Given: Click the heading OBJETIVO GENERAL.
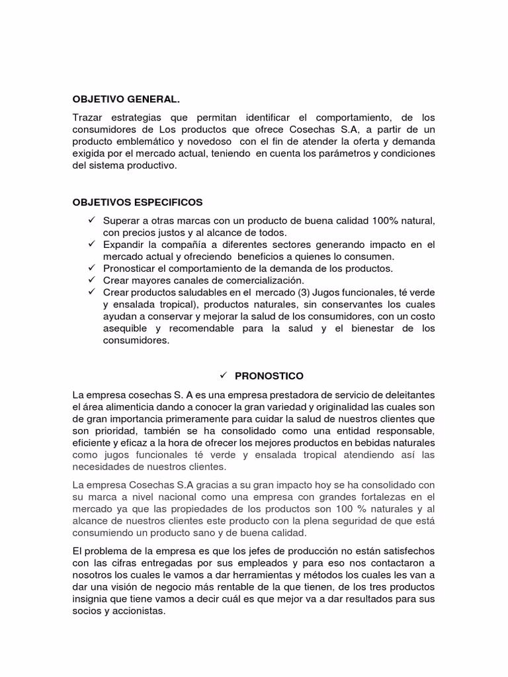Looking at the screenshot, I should click(x=126, y=99).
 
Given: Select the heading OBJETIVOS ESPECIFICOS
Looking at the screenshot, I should click(x=138, y=202).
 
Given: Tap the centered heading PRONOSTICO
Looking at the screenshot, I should click(x=269, y=376).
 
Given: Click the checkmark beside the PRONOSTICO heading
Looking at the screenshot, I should click(x=222, y=376).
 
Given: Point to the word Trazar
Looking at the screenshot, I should click(x=87, y=118).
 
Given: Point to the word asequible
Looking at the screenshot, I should click(x=126, y=329).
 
